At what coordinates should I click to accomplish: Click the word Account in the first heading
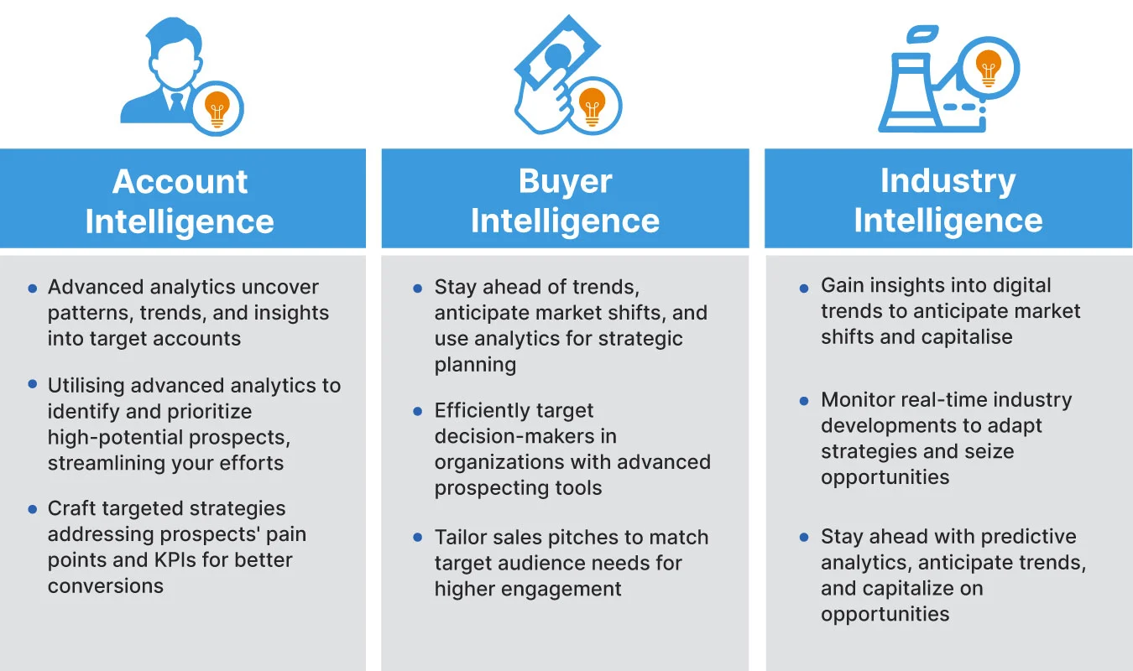tap(180, 182)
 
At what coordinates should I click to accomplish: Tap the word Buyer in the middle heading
tap(565, 182)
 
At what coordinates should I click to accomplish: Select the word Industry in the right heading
tap(948, 181)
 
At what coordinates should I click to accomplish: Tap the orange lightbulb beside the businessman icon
tap(218, 108)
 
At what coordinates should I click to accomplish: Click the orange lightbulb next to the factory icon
tap(989, 68)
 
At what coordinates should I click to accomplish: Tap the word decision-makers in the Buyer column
tap(525, 436)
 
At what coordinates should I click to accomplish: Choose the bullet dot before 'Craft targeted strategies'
tap(33, 509)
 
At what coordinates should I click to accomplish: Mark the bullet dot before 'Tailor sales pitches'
tap(418, 538)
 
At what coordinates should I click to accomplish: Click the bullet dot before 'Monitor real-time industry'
tap(804, 401)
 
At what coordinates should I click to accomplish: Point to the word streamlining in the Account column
tap(104, 463)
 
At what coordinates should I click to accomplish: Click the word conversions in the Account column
tap(106, 585)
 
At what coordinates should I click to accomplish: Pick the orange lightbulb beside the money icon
tap(593, 107)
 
